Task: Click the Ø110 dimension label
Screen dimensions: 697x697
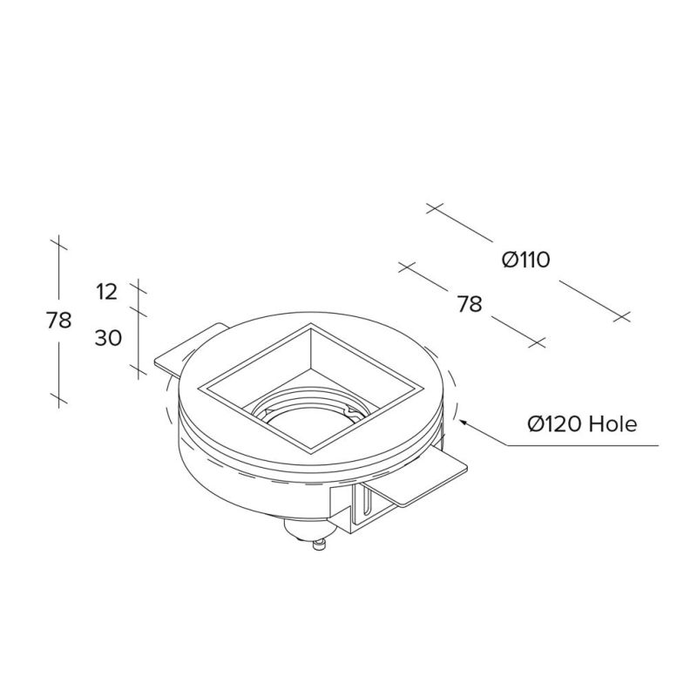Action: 526,260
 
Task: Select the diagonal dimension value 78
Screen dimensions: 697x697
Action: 470,305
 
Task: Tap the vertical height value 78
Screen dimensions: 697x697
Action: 58,320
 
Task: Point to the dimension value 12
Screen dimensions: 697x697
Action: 106,292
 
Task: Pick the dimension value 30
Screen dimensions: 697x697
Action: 108,339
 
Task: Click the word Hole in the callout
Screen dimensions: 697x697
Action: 612,424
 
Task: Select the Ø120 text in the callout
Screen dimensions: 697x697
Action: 555,424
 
